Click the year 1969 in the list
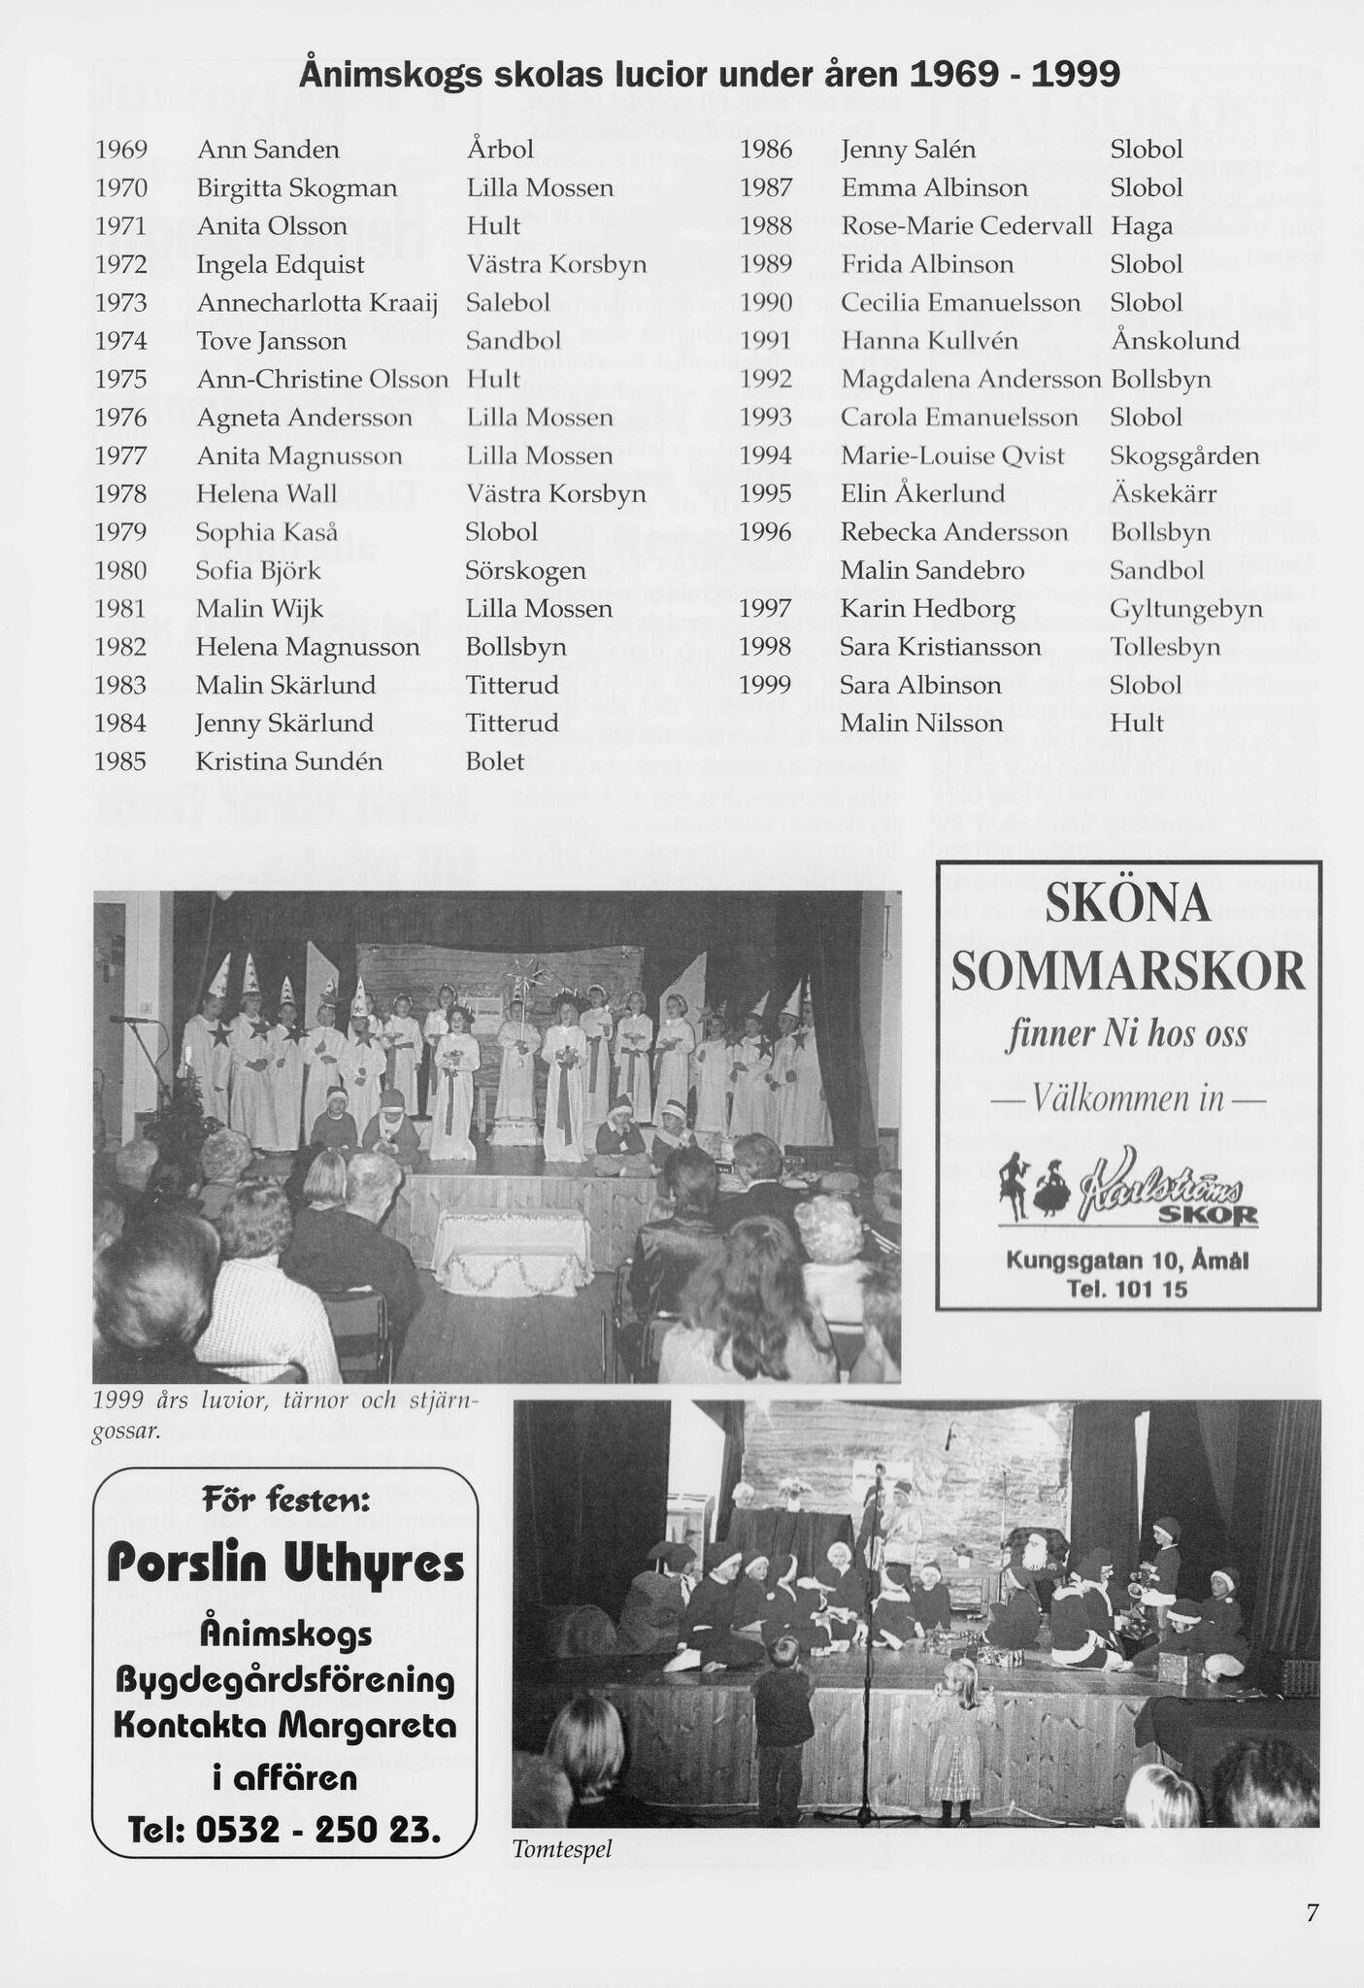coord(120,150)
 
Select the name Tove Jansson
coord(271,342)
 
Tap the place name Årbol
coord(500,150)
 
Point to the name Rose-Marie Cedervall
coord(967,226)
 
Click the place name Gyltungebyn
coord(1186,610)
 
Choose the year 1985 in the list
coord(120,762)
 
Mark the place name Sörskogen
coord(525,571)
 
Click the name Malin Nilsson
coord(921,724)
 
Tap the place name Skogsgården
coord(1184,456)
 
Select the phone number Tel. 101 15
coord(1126,1290)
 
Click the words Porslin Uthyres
coord(285,1565)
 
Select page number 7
coord(1312,1913)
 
